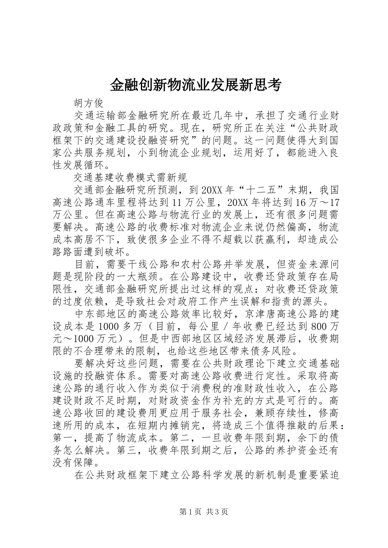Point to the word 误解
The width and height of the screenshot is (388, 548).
coord(251,301)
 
